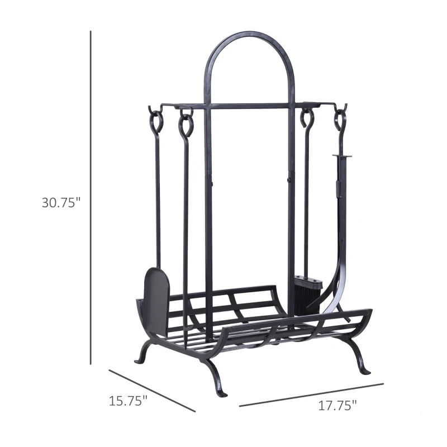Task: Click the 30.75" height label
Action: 61,202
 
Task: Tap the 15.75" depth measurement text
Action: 128,401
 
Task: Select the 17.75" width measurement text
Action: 337,406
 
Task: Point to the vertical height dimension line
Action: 91,196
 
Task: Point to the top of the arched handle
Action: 249,35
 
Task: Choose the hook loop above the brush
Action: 307,118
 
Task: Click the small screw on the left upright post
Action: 211,181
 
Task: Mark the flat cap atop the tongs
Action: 341,156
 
